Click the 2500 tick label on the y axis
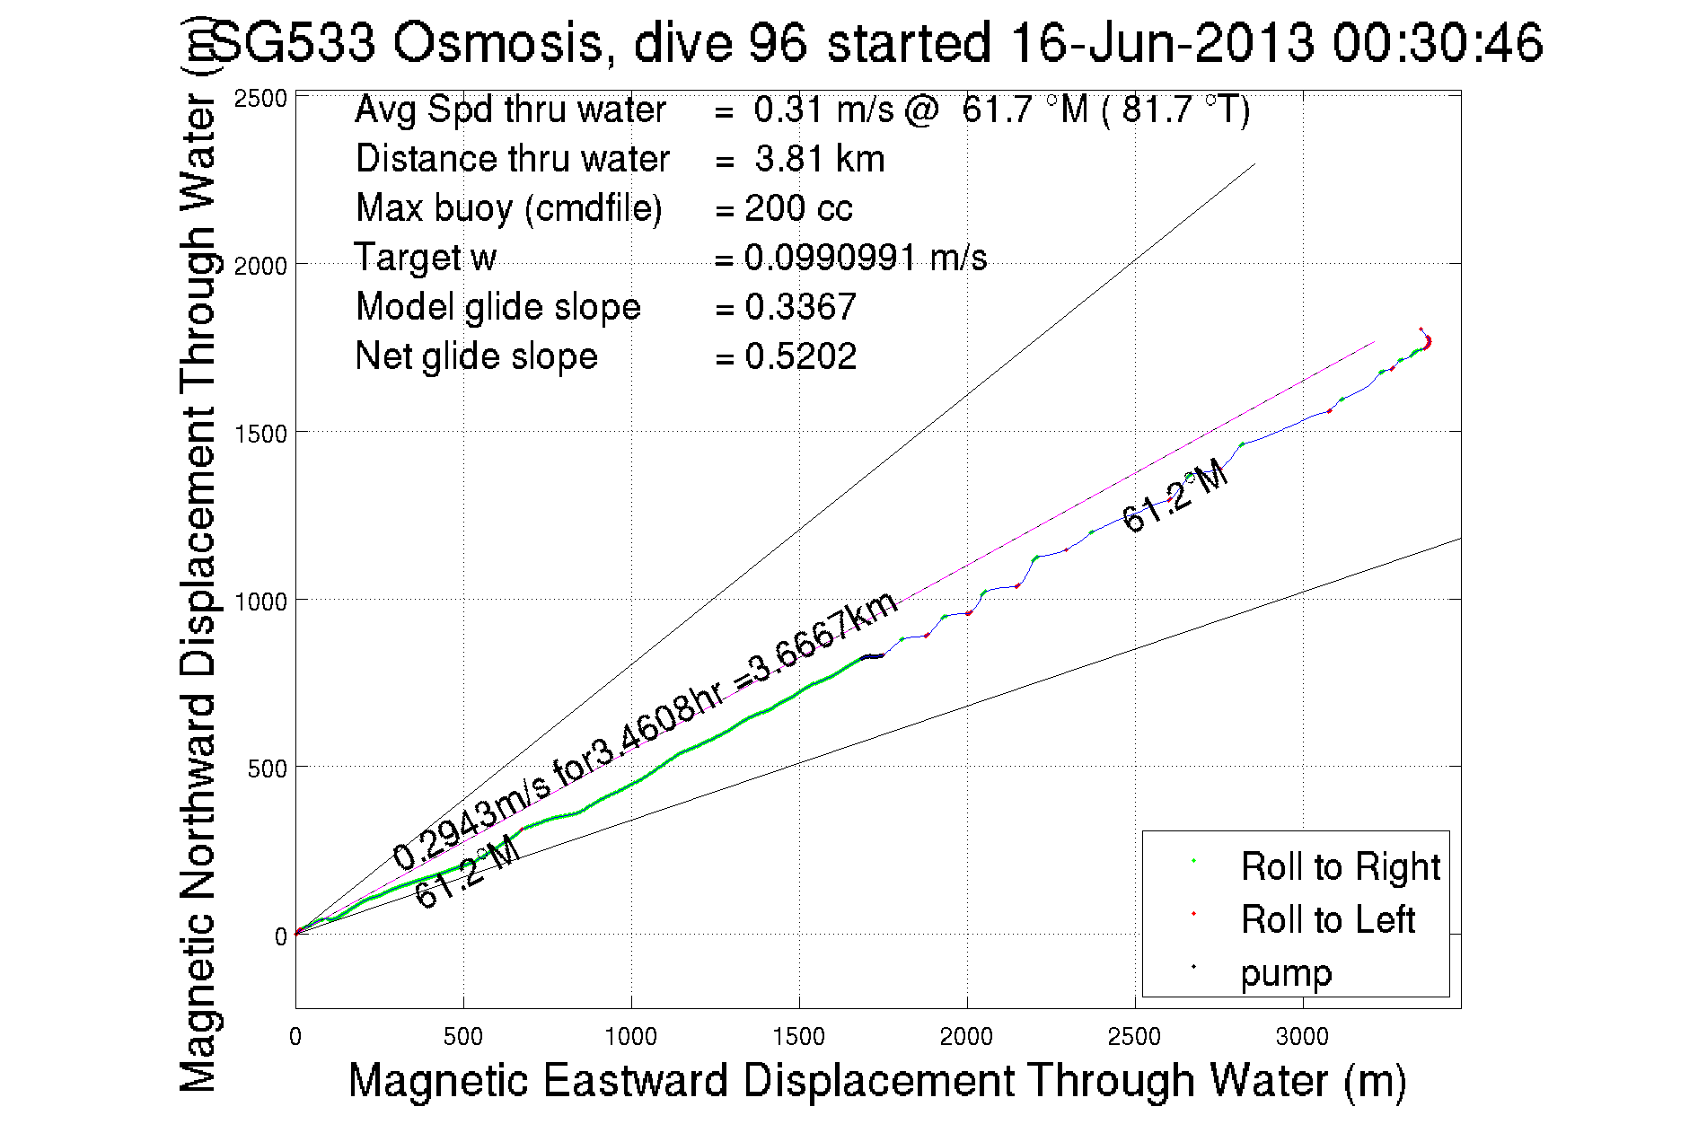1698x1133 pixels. click(x=260, y=99)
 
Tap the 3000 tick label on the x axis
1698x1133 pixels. click(x=1302, y=1037)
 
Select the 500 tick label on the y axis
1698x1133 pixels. click(x=268, y=769)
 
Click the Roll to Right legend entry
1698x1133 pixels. click(x=1340, y=867)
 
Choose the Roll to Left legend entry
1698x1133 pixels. click(x=1327, y=920)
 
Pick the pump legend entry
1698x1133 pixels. click(x=1286, y=973)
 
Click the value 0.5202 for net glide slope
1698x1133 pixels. click(x=800, y=356)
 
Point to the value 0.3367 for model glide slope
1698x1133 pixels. click(x=800, y=307)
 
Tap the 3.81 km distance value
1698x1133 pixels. click(x=819, y=159)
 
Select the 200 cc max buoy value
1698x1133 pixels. click(x=798, y=208)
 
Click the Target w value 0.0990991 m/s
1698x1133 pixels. click(x=865, y=259)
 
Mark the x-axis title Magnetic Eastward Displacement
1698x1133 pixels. click(x=876, y=1080)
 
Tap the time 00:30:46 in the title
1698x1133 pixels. click(x=1437, y=43)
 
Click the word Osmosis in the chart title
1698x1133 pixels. click(x=497, y=43)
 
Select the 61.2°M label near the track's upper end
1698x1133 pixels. click(x=1175, y=495)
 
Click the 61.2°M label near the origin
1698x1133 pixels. click(x=467, y=872)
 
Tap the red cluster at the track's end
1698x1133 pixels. click(x=1427, y=341)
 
